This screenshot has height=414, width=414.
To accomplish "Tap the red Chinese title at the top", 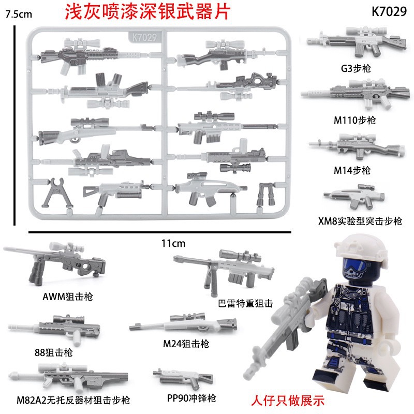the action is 146,12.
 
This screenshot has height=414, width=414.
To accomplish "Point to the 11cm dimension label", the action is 170,242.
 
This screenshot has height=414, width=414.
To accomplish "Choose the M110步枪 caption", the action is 354,120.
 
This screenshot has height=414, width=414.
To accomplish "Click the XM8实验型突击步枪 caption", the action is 361,221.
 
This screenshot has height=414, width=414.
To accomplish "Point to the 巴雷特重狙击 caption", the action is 245,303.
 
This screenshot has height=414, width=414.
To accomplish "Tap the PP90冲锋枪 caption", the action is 185,398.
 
